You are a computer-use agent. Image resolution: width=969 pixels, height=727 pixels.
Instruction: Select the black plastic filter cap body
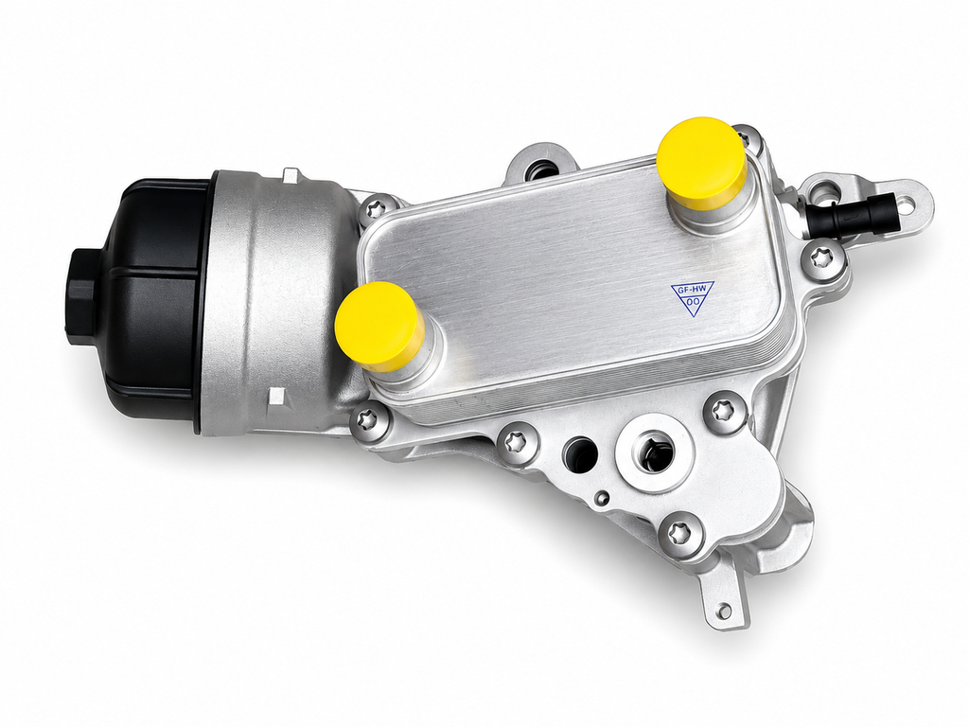[x=149, y=303]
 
